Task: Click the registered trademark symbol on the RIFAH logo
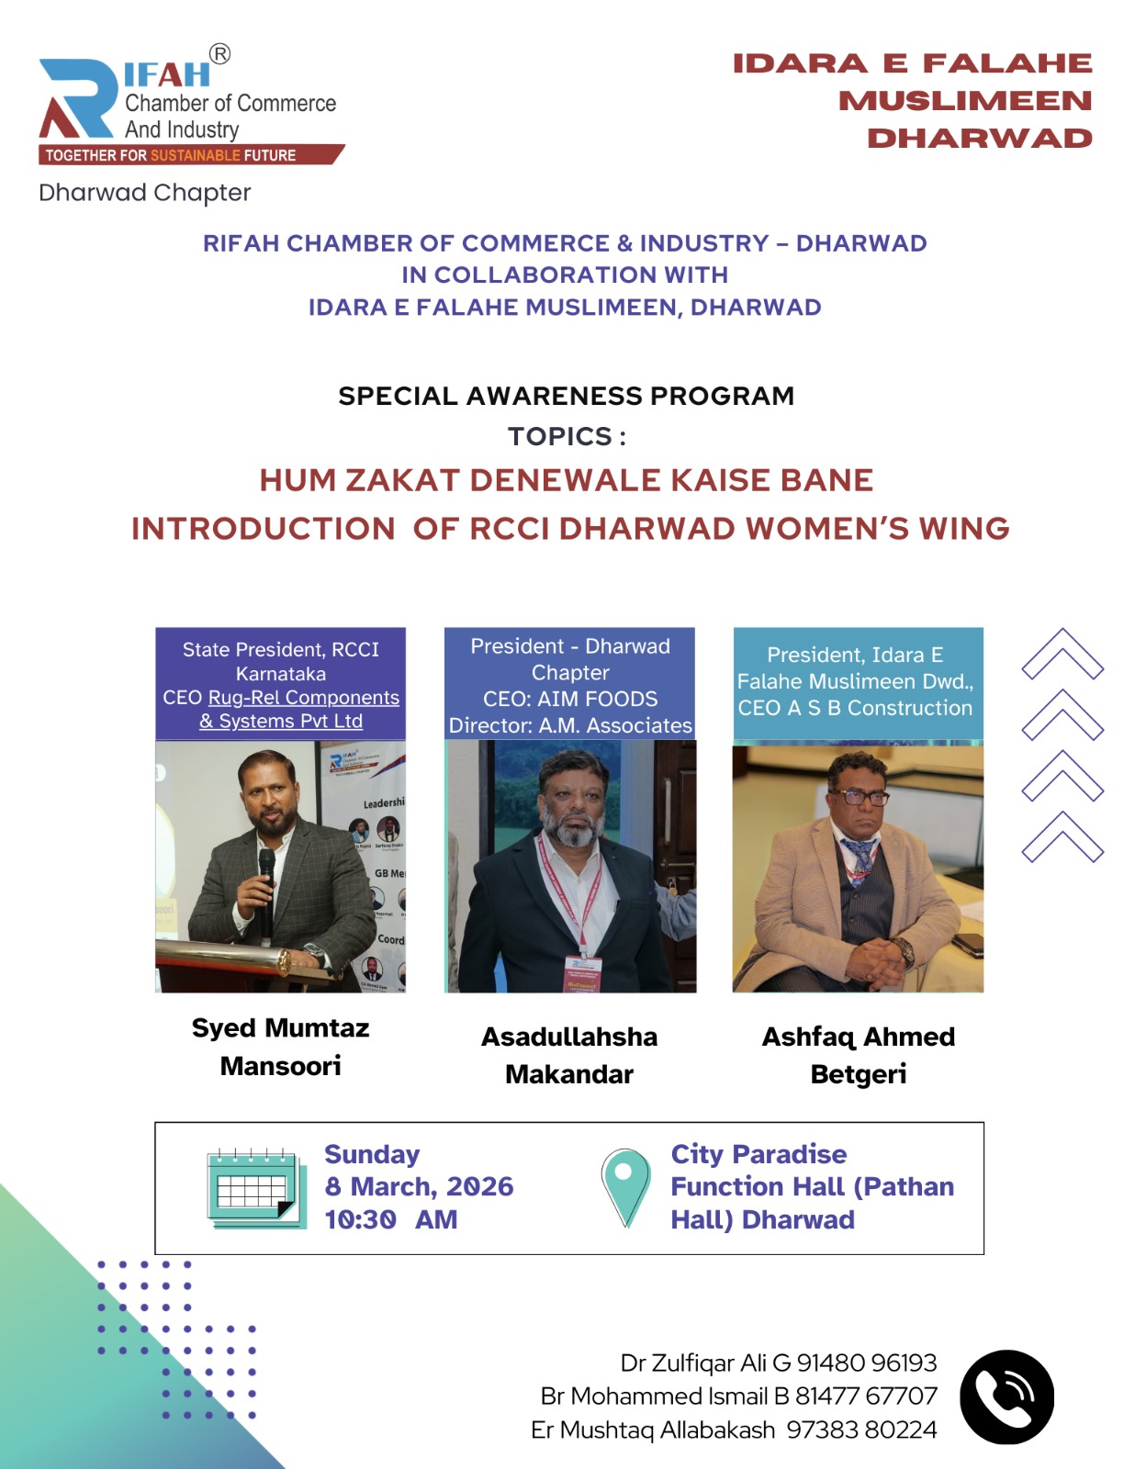(x=219, y=54)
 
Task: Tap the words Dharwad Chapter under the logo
(x=145, y=193)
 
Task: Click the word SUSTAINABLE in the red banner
(x=195, y=155)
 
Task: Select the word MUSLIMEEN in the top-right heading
(x=965, y=101)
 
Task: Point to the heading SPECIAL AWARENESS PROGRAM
(x=567, y=396)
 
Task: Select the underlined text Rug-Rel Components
(x=304, y=697)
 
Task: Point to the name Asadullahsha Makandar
(x=569, y=1055)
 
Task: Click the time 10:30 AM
(x=391, y=1219)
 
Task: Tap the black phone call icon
(x=1006, y=1397)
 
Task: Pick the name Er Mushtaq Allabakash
(x=653, y=1430)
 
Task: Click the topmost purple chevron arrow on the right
(x=1062, y=654)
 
